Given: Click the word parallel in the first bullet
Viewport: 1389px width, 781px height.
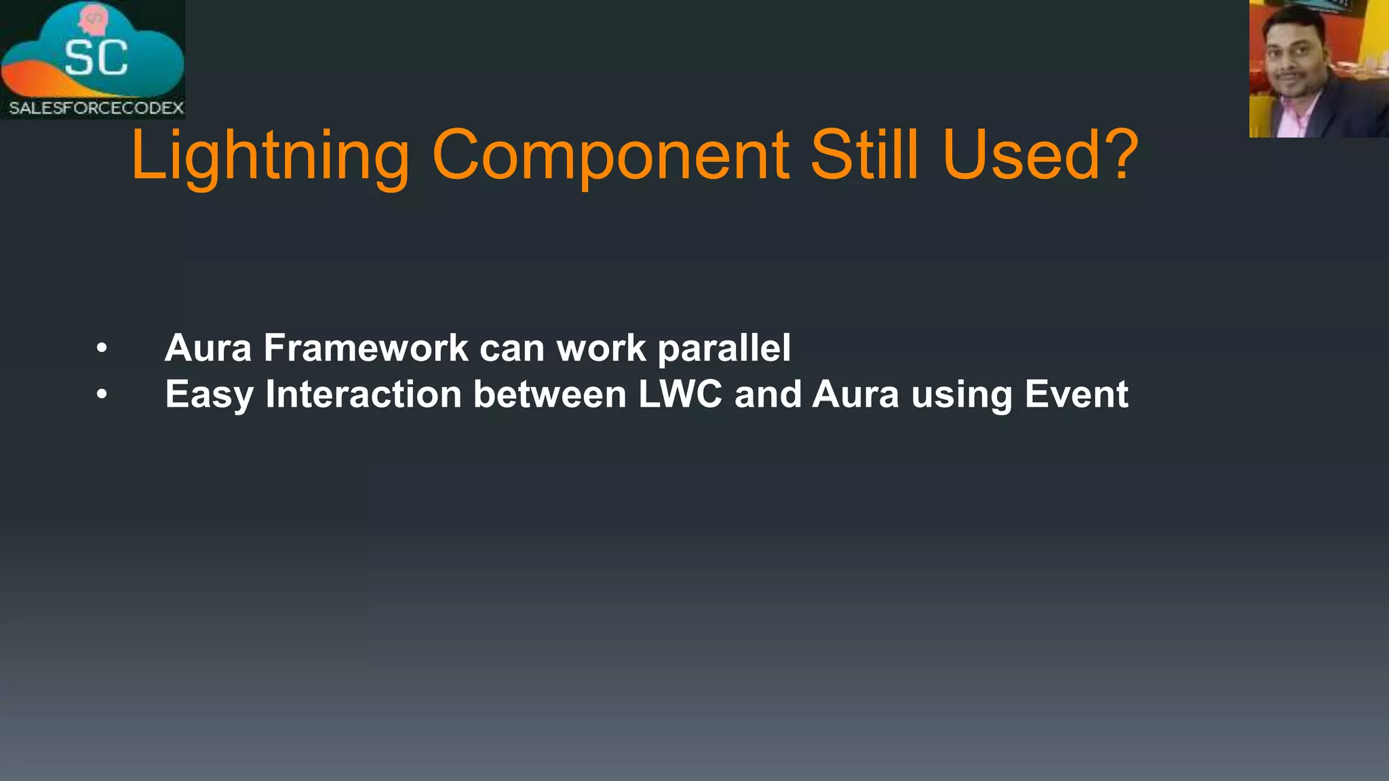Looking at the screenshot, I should [x=724, y=349].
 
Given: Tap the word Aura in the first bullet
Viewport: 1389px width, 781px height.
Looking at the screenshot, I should [x=208, y=348].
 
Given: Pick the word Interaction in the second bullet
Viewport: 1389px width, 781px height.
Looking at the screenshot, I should [x=364, y=394].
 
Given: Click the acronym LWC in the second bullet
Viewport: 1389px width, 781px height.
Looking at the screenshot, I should [x=680, y=394].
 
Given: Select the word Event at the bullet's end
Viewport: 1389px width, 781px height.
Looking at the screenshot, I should [x=1076, y=394].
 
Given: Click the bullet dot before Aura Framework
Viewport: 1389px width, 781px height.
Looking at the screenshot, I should [x=102, y=348].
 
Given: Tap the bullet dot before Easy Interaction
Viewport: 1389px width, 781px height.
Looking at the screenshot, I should [x=102, y=395].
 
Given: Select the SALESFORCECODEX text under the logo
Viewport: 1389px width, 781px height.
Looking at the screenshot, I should [x=96, y=108].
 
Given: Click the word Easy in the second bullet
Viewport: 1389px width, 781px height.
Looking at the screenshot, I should [x=209, y=395].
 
